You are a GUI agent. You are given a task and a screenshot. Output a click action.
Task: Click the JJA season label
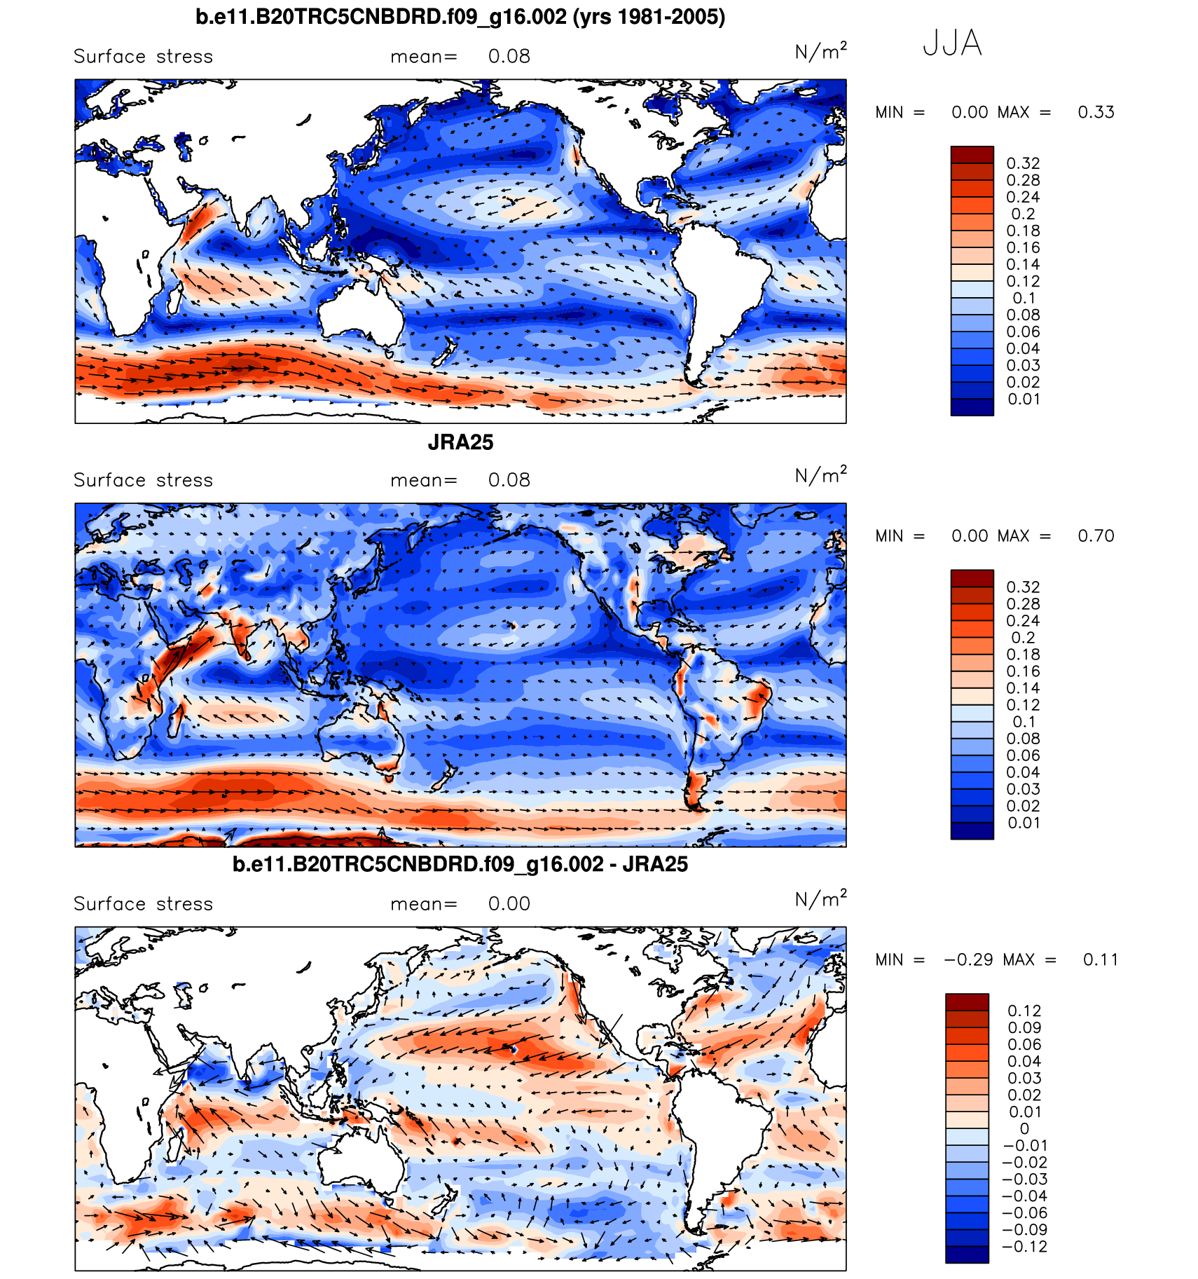pos(951,43)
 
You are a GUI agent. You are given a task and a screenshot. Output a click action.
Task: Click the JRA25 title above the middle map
pos(460,442)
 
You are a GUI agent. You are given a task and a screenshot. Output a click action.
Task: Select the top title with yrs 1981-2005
pos(460,17)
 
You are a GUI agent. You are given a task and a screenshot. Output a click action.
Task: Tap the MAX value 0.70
pos(1096,536)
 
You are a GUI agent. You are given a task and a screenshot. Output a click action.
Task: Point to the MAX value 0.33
pos(1096,112)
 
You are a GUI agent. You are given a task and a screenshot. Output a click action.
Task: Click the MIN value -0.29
pos(968,960)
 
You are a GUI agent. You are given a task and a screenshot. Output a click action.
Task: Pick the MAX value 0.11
pos(1100,960)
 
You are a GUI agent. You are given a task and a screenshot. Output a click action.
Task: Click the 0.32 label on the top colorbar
pos(1023,163)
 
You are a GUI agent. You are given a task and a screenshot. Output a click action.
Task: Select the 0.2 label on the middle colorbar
pos(1023,638)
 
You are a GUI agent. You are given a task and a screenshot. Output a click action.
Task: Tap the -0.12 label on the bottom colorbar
pos(1024,1247)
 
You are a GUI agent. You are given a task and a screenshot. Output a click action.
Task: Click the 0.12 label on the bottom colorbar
pos(1024,1011)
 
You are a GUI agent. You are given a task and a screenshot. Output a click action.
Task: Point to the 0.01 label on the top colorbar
pos(1023,399)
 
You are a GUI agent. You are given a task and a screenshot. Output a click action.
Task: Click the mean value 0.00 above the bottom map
pos(509,904)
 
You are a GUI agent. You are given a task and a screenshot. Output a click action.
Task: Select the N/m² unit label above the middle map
pos(820,476)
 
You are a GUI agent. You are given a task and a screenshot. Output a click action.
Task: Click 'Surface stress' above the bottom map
pos(143,904)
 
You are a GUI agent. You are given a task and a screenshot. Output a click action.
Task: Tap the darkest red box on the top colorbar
pos(972,155)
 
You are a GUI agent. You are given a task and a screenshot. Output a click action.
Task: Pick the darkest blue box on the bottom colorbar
pos(967,1254)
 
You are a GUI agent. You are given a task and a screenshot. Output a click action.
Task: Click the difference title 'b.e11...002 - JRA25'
pos(460,865)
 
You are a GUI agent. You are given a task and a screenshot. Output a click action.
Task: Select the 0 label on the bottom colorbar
pos(1024,1129)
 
